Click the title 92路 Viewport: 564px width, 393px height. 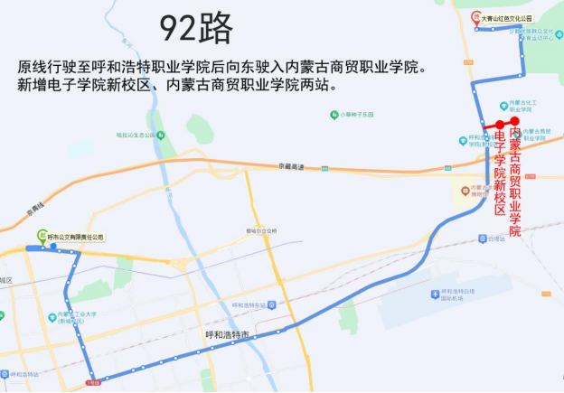(197, 28)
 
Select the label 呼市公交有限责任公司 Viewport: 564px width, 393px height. (76, 237)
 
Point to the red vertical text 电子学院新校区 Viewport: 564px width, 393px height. (498, 171)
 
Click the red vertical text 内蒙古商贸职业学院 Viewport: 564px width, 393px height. (515, 182)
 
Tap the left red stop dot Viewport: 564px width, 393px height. (499, 126)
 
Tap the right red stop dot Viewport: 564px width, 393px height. (514, 120)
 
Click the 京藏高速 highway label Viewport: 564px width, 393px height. (293, 166)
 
